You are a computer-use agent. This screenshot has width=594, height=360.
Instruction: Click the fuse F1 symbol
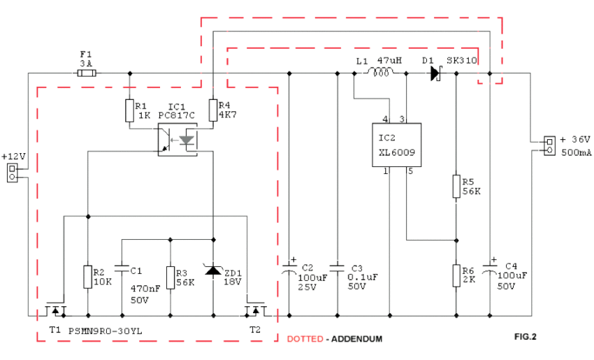tap(87, 73)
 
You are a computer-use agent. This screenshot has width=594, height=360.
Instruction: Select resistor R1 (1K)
tap(129, 110)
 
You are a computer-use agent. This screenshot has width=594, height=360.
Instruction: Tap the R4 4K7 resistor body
tap(213, 110)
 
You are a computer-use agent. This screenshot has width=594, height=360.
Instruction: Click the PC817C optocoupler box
tap(178, 139)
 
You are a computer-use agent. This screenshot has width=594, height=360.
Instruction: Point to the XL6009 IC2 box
tap(397, 145)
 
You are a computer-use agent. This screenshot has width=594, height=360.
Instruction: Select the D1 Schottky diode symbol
tap(436, 73)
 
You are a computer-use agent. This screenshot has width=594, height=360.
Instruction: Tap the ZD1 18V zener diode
tap(213, 270)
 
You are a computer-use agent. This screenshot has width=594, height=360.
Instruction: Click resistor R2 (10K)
tap(88, 277)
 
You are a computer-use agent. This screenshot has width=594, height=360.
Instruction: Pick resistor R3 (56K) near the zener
tap(171, 278)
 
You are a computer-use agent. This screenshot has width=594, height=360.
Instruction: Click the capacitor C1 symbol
tap(122, 268)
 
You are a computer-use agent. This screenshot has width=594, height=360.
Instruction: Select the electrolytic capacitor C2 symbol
tap(289, 268)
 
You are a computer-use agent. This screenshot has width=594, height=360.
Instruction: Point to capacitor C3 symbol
tap(337, 268)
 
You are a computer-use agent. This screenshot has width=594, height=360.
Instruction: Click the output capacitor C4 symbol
tap(490, 268)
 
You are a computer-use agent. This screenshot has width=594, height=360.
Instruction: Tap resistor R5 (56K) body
tap(456, 186)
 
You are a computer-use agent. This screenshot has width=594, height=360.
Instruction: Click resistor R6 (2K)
tap(456, 275)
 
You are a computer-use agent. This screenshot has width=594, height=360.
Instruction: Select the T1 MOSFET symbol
tap(56, 309)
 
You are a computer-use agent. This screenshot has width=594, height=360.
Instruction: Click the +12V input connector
tap(12, 173)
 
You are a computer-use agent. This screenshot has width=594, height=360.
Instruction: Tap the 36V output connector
tap(550, 146)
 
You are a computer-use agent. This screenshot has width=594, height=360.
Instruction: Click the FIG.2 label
tap(525, 336)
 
